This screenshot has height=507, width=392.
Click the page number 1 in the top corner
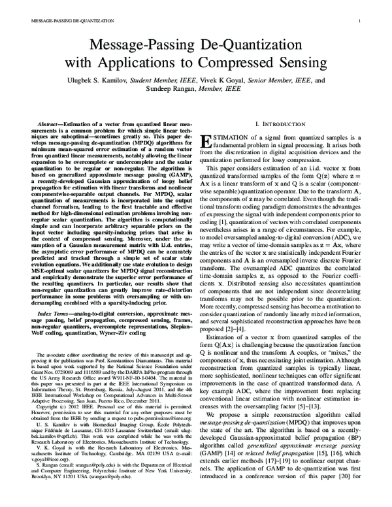[360, 21]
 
